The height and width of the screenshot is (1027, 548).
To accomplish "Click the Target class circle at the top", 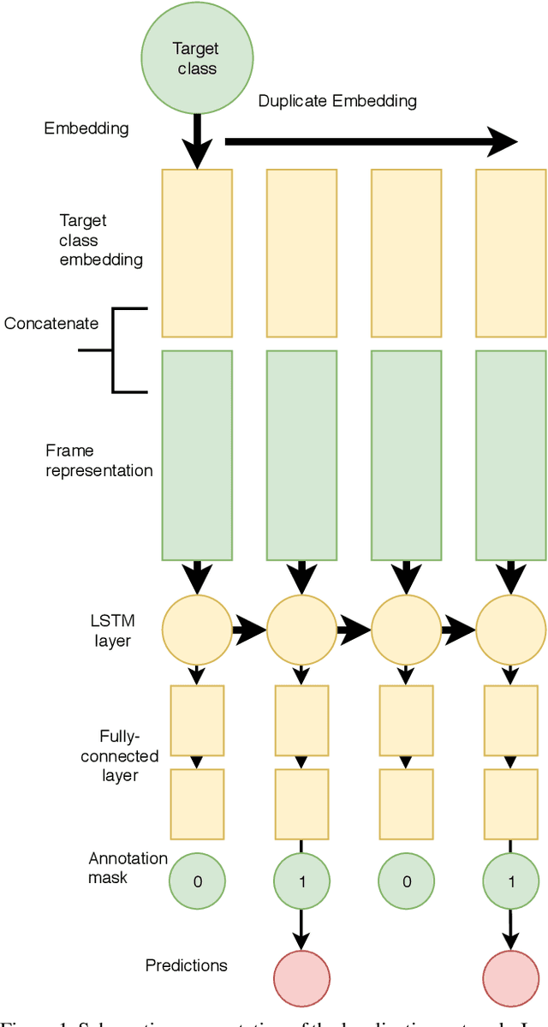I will coord(197,57).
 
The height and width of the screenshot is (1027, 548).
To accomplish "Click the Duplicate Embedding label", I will coord(337,101).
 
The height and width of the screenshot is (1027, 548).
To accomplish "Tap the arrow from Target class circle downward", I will coord(198,141).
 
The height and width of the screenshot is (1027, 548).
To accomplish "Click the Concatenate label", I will coord(51,324).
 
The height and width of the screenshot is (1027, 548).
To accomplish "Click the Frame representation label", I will coord(99,461).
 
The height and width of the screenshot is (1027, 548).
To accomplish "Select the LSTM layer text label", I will coord(112,631).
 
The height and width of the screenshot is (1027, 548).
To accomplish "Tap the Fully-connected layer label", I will coord(129,756).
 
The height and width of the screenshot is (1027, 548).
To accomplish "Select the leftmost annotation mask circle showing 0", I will coord(197,881).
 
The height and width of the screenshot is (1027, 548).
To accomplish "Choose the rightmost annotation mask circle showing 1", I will coord(510,881).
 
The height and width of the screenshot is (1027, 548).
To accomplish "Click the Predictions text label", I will coord(186,965).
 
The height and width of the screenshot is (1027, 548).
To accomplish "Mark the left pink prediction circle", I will coord(301,976).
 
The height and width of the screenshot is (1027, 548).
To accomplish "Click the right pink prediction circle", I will coord(510,976).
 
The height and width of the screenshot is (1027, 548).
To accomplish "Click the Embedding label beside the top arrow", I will coord(86,129).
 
